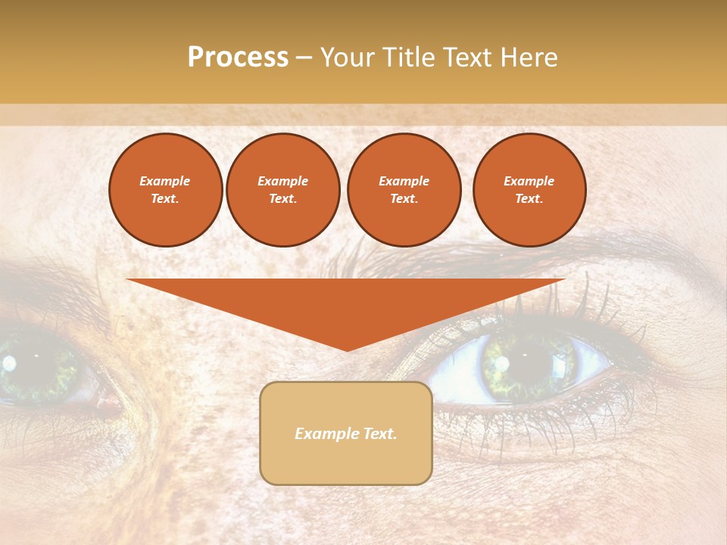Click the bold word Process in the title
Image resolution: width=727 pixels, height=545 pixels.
pos(238,58)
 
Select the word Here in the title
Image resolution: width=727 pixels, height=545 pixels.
pos(529,58)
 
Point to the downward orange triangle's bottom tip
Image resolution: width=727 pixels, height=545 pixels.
pos(348,349)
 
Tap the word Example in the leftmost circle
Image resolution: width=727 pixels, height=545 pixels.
pos(165,181)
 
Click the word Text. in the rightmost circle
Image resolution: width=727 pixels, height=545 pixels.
pos(529,198)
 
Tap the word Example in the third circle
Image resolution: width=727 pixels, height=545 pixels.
pos(404,181)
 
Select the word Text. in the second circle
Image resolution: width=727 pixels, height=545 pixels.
pos(283,198)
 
